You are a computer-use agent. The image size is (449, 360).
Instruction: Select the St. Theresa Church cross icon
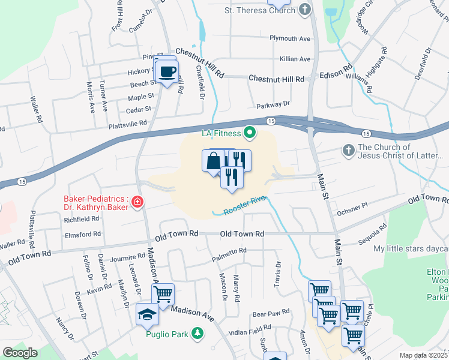pyautogui.click(x=306, y=10)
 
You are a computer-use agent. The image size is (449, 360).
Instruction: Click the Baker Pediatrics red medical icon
pyautogui.click(x=138, y=201)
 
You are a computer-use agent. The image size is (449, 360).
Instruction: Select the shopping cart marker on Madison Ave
pyautogui.click(x=163, y=294)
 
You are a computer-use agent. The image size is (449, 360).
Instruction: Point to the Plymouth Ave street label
pyautogui.click(x=290, y=38)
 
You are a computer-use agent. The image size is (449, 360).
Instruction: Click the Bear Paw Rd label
pyautogui.click(x=271, y=313)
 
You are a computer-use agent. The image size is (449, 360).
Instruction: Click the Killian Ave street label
pyautogui.click(x=295, y=59)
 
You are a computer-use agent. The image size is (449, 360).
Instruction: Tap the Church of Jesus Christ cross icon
pyautogui.click(x=349, y=151)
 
